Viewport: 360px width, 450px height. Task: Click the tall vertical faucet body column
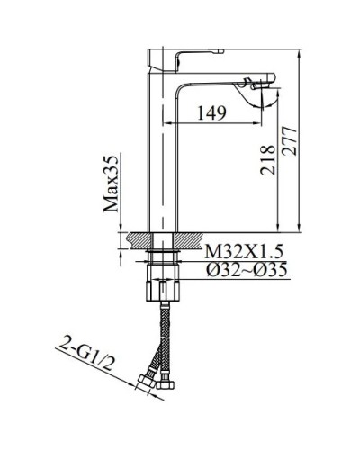(x=162, y=153)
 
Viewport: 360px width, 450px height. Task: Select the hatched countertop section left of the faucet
(x=138, y=241)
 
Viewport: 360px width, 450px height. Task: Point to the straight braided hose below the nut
(x=163, y=333)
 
